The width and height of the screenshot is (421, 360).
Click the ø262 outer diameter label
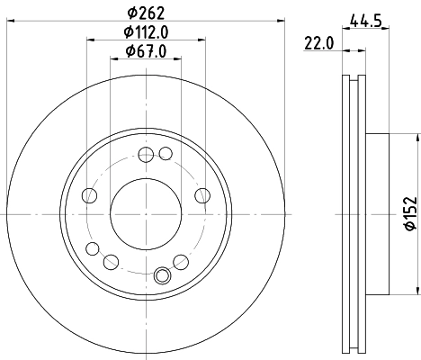tap(146, 13)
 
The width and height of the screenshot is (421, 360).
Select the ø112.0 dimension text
tap(146, 32)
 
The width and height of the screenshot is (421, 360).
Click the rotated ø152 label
tap(408, 214)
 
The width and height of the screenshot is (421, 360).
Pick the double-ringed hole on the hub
tap(163, 275)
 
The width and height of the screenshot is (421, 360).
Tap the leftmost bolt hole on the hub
tap(88, 195)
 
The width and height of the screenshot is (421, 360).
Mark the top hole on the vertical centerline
tap(146, 153)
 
